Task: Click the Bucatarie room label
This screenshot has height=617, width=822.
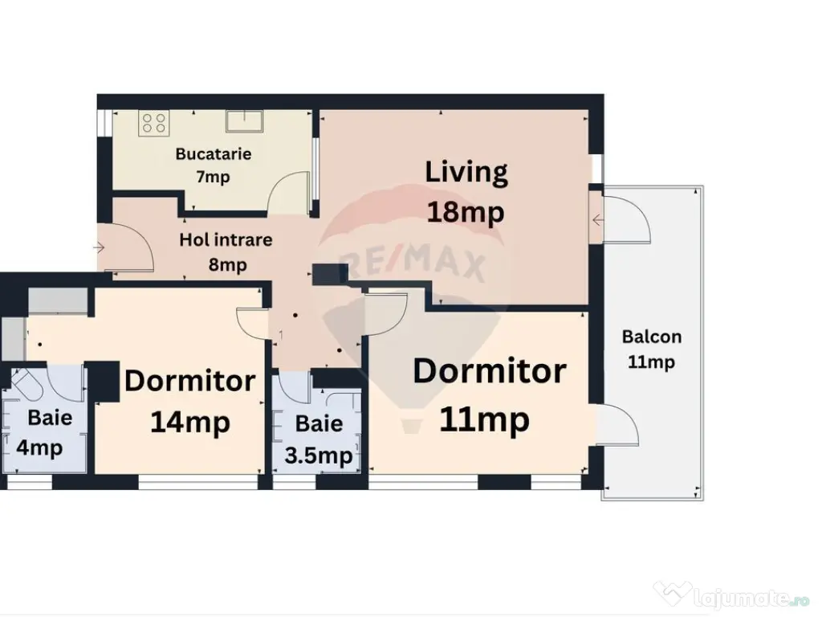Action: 214,153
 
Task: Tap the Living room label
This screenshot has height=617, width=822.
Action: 466,174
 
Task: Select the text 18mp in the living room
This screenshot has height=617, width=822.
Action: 466,212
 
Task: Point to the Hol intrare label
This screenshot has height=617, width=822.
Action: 226,239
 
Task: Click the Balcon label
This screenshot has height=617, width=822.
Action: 652,337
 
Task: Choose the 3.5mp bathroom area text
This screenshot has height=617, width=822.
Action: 318,456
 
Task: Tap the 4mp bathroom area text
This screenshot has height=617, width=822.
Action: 39,448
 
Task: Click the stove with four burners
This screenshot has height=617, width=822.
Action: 154,123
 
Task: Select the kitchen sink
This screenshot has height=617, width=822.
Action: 244,121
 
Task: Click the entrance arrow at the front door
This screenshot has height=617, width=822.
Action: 99,247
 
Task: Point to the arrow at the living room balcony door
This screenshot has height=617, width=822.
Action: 598,220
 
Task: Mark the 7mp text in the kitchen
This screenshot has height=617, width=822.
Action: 213,177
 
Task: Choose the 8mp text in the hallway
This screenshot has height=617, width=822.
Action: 227,264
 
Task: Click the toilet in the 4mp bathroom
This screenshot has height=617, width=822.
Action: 24,384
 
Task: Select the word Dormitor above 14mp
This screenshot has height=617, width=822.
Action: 189,380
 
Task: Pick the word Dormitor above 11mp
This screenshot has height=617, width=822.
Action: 490,371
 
